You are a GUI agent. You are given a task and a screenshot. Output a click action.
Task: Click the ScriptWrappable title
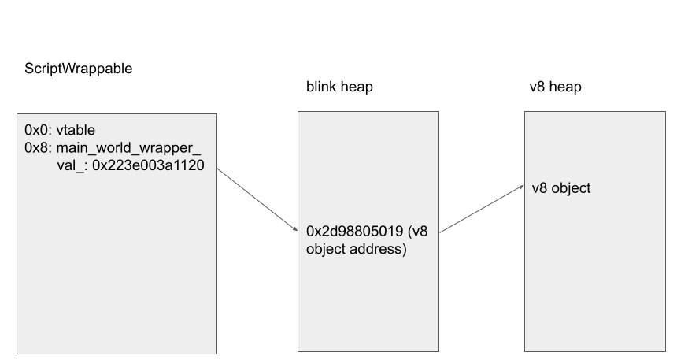[79, 69]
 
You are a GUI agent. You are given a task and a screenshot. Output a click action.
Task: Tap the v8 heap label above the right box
[555, 87]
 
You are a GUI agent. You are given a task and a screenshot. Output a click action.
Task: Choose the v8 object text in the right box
[561, 189]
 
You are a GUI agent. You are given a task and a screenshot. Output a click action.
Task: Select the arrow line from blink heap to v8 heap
[482, 210]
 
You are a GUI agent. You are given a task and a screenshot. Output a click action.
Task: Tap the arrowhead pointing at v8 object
[521, 187]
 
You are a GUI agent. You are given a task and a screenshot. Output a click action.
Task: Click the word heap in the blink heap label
[357, 87]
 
